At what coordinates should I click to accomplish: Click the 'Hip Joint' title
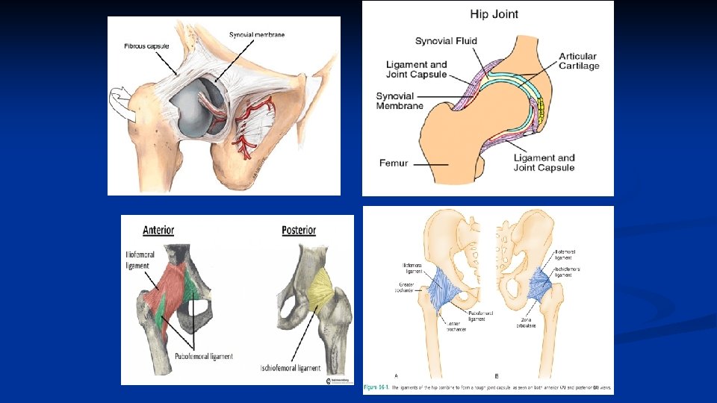pyautogui.click(x=493, y=13)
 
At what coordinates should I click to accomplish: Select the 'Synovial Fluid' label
pyautogui.click(x=446, y=40)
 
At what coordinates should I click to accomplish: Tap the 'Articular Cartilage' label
pyautogui.click(x=580, y=61)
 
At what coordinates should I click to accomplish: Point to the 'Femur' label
pyautogui.click(x=394, y=162)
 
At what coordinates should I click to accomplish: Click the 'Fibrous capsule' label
pyautogui.click(x=146, y=46)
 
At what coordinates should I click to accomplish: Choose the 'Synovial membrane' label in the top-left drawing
pyautogui.click(x=257, y=34)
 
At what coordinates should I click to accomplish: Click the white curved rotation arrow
pyautogui.click(x=123, y=103)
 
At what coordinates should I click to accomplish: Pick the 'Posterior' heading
pyautogui.click(x=299, y=230)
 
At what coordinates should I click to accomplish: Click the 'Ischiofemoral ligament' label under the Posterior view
pyautogui.click(x=291, y=368)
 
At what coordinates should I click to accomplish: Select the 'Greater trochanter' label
pyautogui.click(x=409, y=287)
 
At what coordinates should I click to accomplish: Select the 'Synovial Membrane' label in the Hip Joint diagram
pyautogui.click(x=400, y=101)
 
